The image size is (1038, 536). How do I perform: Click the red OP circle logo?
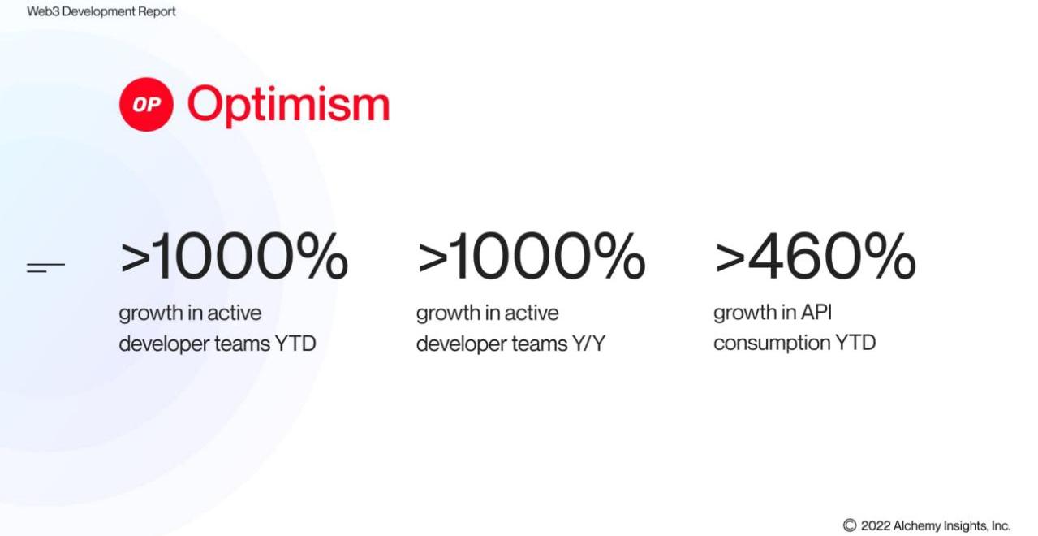146,104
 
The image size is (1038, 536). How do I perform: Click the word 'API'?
816,312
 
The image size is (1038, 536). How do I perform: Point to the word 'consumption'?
772,344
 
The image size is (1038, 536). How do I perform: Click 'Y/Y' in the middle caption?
588,344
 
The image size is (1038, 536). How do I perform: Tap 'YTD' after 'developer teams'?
295,344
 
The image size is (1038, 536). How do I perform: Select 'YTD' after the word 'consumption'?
855,343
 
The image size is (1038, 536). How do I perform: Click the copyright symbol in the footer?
850,525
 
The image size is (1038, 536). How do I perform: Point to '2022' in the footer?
876,525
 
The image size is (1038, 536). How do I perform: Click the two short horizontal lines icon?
45,267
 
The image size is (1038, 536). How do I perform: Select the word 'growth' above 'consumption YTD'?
745,313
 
